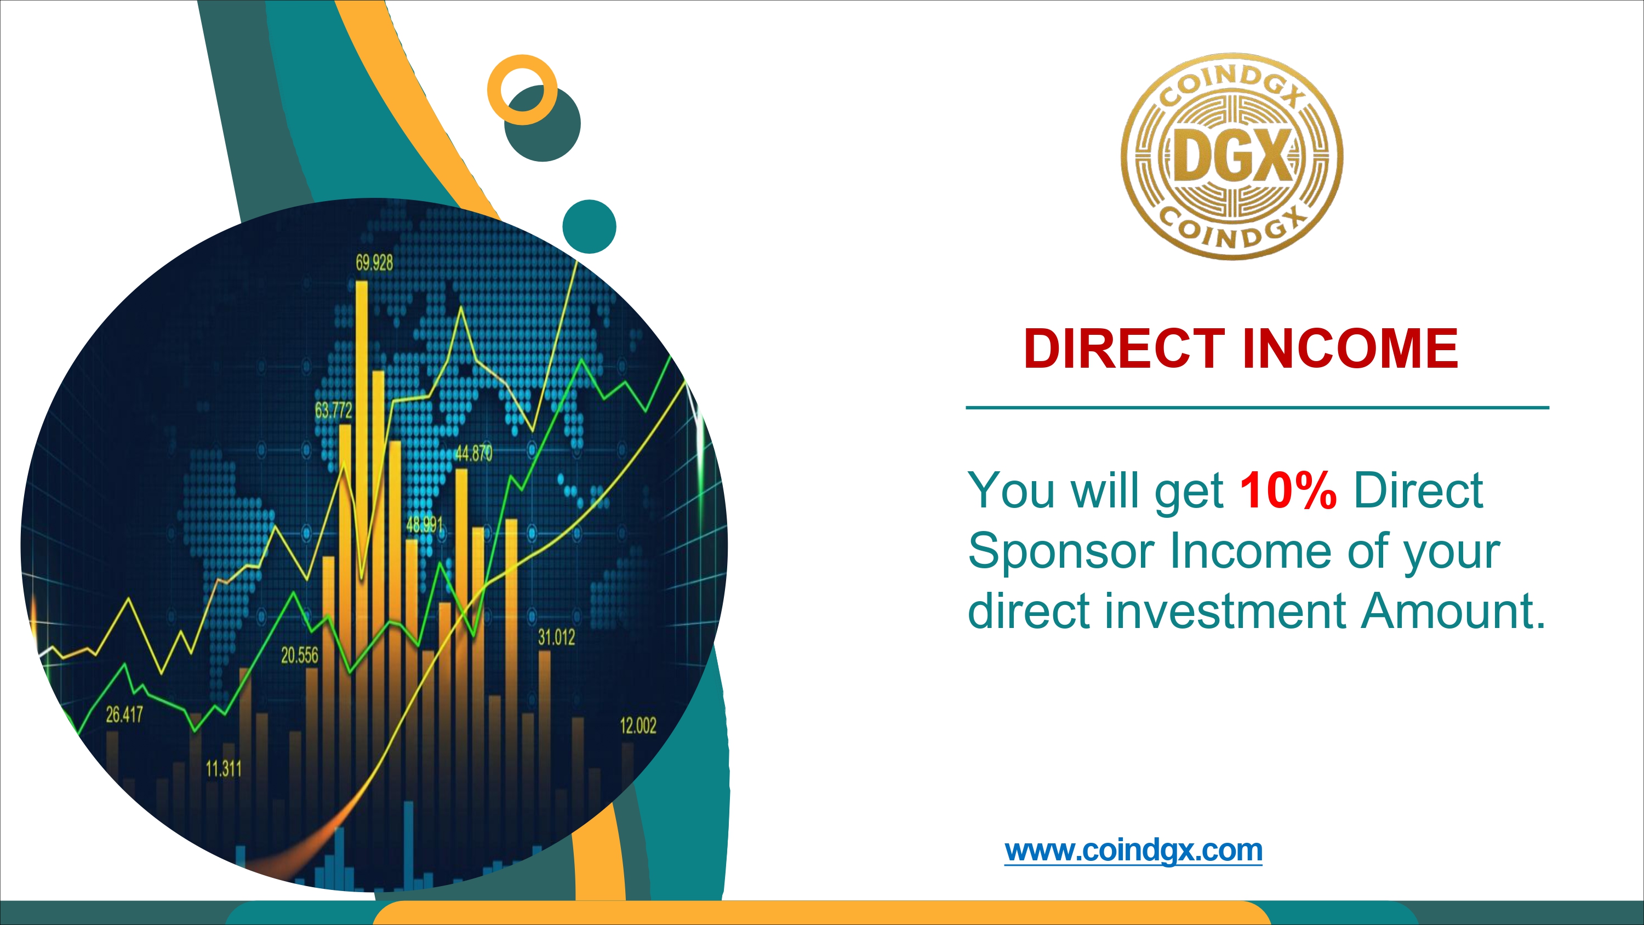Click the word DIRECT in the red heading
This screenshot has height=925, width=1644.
click(x=1124, y=349)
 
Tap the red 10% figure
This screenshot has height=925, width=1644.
click(x=1288, y=490)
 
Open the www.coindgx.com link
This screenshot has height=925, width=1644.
click(x=1133, y=851)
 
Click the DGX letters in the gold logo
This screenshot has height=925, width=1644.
click(x=1232, y=156)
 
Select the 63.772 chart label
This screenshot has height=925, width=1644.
click(x=333, y=410)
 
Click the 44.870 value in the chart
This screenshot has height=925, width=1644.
click(x=473, y=453)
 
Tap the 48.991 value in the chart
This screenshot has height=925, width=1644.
click(x=424, y=525)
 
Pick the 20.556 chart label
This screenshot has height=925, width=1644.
click(x=299, y=655)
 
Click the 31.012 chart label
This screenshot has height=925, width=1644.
click(x=557, y=637)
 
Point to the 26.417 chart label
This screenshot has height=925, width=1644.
click(x=124, y=715)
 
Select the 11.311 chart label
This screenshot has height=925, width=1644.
click(x=224, y=769)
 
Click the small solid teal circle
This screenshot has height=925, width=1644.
click(x=589, y=226)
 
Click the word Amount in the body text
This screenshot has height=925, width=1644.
click(x=1453, y=611)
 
